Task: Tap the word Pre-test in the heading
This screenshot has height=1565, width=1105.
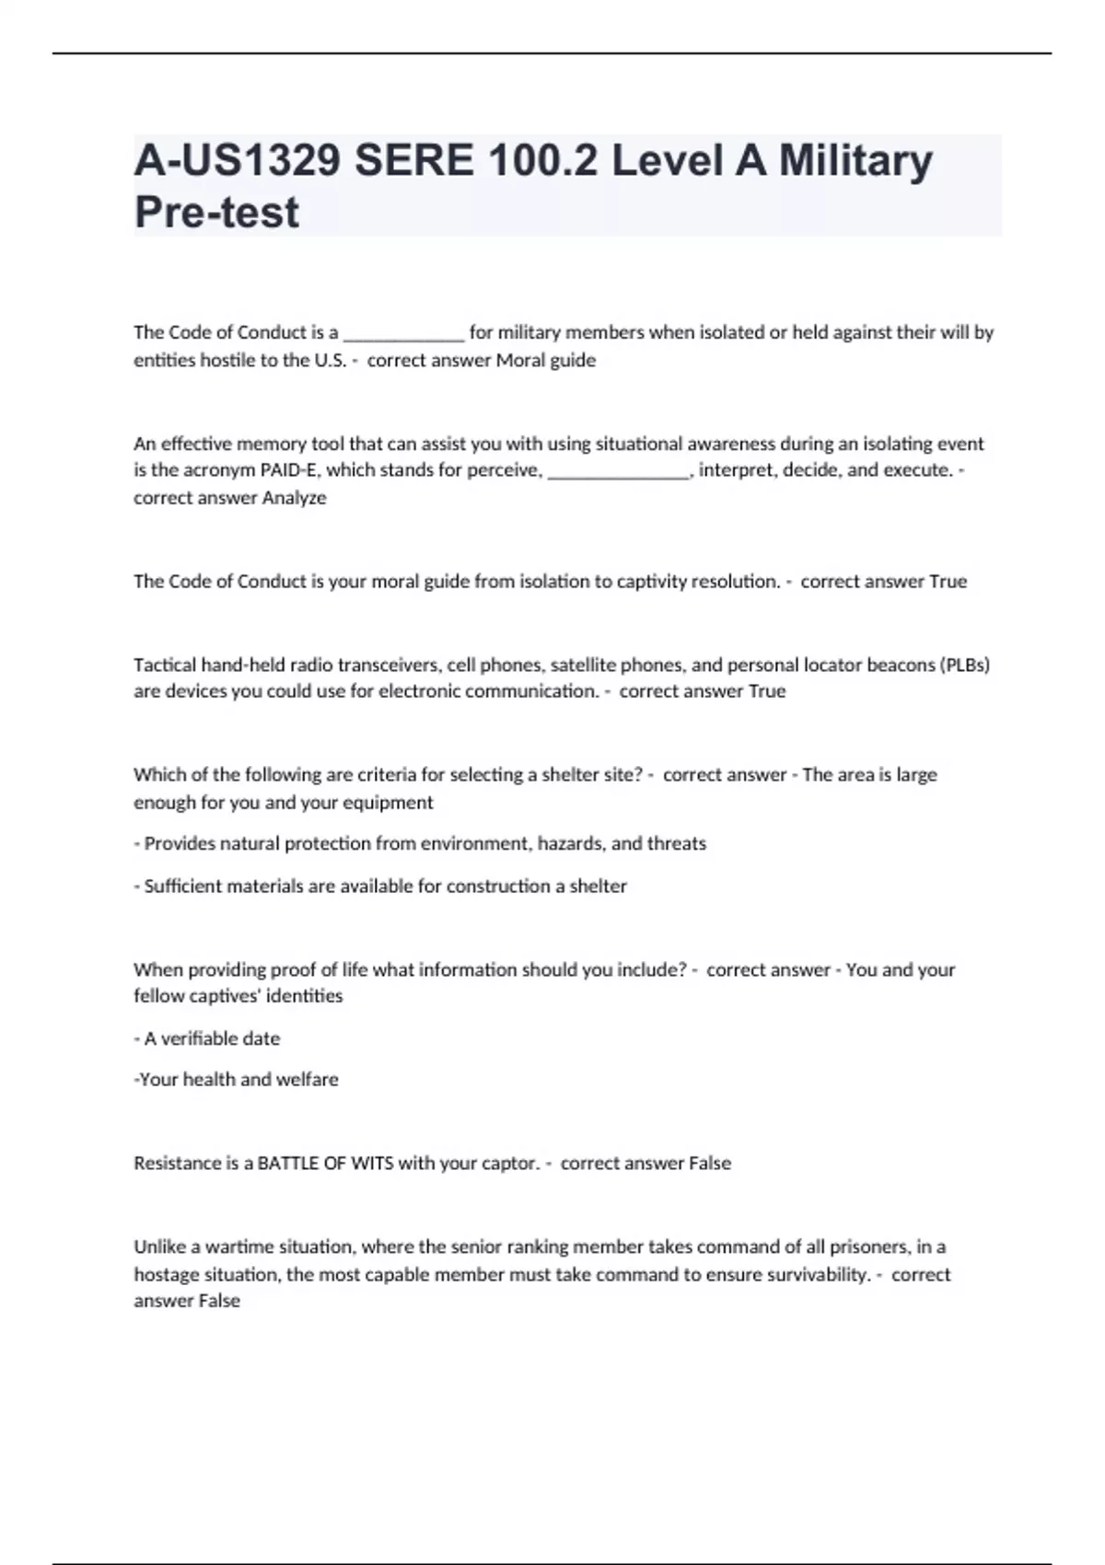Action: coord(216,212)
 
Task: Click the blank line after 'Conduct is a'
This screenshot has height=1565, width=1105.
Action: coord(403,335)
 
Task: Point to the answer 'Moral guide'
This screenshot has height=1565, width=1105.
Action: coord(546,360)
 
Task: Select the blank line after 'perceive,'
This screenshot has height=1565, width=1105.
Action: coord(618,473)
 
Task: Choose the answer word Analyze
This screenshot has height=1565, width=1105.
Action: coord(294,498)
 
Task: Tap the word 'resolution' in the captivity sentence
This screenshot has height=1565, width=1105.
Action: coord(733,582)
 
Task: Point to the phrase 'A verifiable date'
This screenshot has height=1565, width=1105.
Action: coord(212,1038)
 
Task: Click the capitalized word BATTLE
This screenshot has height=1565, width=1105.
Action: coord(286,1164)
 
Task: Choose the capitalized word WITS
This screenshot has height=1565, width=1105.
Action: coord(372,1164)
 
